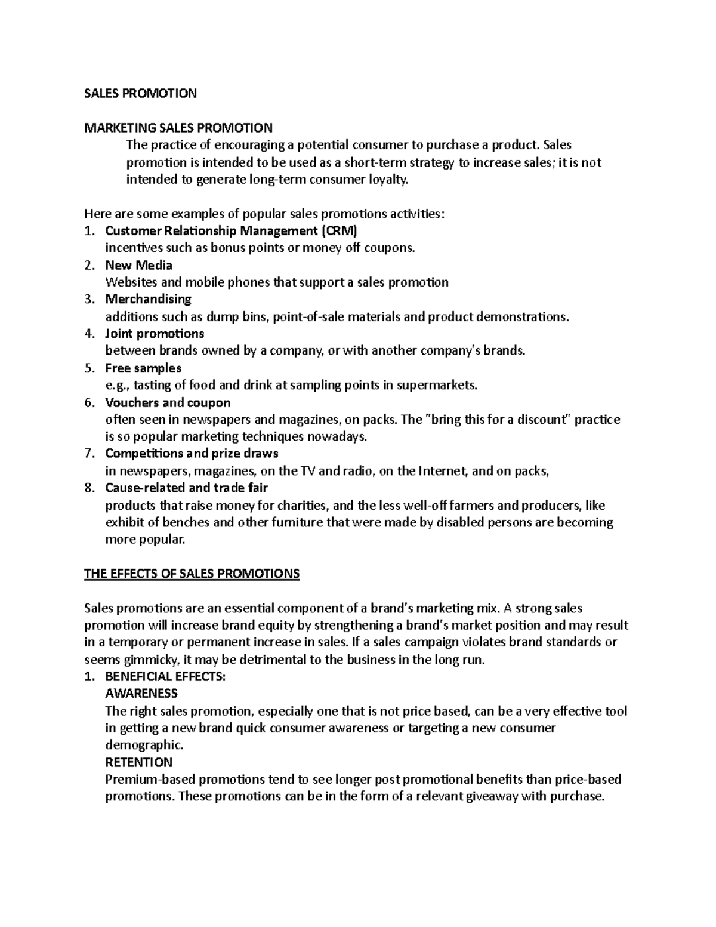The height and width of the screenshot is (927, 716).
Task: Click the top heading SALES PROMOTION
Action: [140, 93]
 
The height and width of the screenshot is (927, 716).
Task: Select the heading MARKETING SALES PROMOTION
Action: [178, 128]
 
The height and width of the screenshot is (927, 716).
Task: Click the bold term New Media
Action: [138, 265]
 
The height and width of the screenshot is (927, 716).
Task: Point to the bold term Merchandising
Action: [148, 299]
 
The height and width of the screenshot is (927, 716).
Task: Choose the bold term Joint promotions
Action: [155, 334]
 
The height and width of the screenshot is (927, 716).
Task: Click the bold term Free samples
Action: [143, 368]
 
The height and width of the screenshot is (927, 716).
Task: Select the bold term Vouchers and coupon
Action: [168, 402]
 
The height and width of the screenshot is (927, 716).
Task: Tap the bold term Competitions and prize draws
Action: [192, 454]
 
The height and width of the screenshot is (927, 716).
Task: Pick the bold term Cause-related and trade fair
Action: [187, 488]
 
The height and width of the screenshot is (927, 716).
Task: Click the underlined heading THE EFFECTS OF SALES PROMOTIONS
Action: [192, 574]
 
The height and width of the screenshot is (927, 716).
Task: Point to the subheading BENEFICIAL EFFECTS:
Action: [165, 677]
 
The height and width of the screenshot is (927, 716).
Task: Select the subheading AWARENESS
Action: [141, 694]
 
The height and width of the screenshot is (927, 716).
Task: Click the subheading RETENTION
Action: [138, 762]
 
